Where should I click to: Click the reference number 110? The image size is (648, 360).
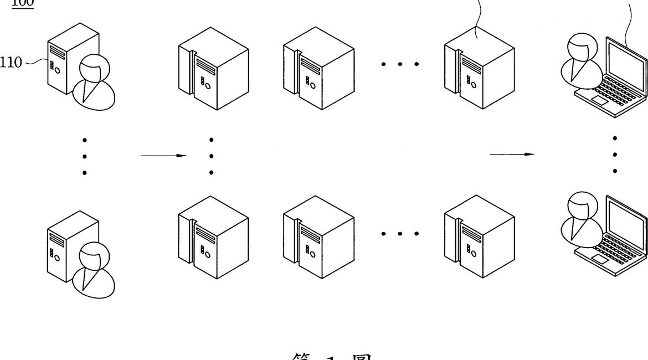[11, 63]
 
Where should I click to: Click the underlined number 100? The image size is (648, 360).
[23, 3]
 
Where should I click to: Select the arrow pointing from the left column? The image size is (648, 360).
[163, 156]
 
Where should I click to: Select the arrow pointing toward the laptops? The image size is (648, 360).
[512, 155]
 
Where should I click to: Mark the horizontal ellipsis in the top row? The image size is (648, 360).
[399, 64]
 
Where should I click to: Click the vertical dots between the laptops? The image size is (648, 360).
[615, 154]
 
